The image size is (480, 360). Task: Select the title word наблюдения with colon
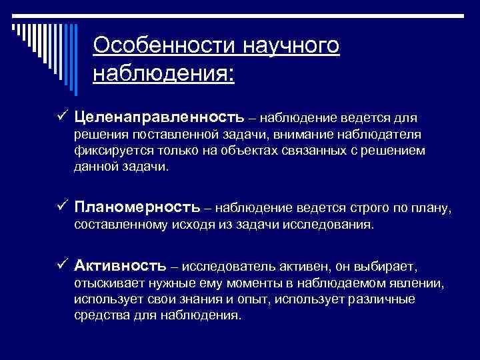pyautogui.click(x=164, y=72)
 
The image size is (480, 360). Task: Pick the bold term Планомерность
pyautogui.click(x=137, y=209)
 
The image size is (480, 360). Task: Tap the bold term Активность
pyautogui.click(x=121, y=267)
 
